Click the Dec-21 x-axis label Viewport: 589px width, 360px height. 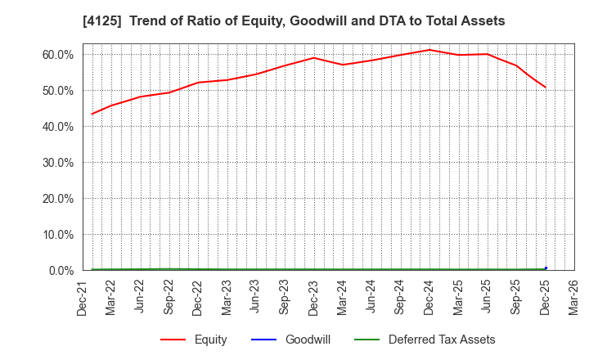[83, 296]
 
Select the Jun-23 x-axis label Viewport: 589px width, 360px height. [255, 296]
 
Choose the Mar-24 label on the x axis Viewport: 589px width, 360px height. [342, 296]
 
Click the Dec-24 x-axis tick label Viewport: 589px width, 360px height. [429, 296]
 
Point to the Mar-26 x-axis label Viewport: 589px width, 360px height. [573, 296]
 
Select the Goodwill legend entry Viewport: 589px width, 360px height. [308, 340]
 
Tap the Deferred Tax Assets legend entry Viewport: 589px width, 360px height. [441, 340]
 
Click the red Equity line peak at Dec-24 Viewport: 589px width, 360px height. [429, 50]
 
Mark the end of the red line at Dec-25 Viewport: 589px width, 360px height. [546, 88]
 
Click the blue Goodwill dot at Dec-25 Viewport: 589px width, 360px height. [546, 268]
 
